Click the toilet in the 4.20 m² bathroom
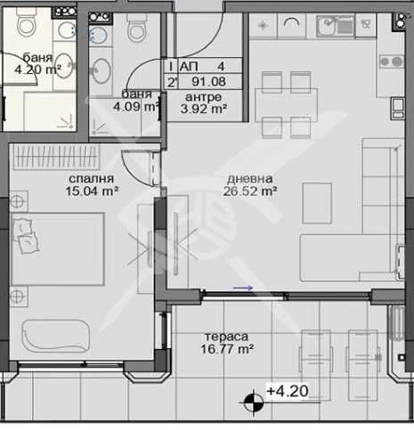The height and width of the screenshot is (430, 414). click(27, 23)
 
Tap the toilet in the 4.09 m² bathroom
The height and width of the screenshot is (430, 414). click(137, 28)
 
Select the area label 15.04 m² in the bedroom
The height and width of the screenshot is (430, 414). click(92, 191)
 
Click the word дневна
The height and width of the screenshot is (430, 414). click(249, 179)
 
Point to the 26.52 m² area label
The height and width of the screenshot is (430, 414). click(250, 191)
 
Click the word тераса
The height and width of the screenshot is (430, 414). click(226, 337)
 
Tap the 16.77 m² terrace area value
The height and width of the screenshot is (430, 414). click(227, 349)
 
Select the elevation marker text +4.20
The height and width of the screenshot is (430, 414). click(288, 391)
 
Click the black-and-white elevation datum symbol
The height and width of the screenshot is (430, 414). click(254, 402)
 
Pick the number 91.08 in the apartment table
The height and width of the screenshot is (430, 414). click(208, 82)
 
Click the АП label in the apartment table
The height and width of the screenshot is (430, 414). click(189, 67)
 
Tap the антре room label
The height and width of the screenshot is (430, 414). click(203, 97)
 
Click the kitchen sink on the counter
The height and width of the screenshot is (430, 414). click(336, 26)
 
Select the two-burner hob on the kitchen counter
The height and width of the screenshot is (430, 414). click(392, 61)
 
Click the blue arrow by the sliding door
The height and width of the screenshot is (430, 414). click(243, 288)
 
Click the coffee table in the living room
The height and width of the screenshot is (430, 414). click(317, 203)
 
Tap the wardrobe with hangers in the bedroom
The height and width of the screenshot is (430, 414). click(55, 157)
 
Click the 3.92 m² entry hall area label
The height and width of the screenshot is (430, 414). click(204, 110)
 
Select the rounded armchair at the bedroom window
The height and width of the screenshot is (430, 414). click(56, 336)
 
